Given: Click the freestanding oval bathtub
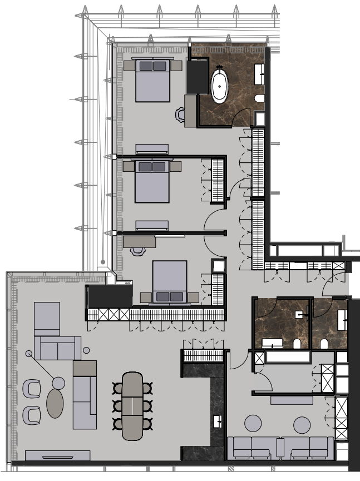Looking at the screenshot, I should [x=219, y=85].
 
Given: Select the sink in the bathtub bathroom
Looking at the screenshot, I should [x=260, y=73].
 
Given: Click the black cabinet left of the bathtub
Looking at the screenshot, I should [x=197, y=76].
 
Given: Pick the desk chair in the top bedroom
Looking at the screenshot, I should [x=181, y=115].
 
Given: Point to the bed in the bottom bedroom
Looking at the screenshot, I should [x=170, y=281].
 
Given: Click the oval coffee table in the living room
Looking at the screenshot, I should [x=55, y=403].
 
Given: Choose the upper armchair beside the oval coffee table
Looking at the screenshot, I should [x=32, y=388].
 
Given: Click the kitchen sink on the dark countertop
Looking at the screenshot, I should [x=218, y=421].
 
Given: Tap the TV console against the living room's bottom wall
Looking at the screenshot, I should [x=57, y=455].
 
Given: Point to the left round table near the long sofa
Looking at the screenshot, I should [x=254, y=424].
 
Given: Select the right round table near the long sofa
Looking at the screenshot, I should [x=302, y=425].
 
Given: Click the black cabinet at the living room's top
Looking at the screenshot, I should [x=109, y=296].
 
